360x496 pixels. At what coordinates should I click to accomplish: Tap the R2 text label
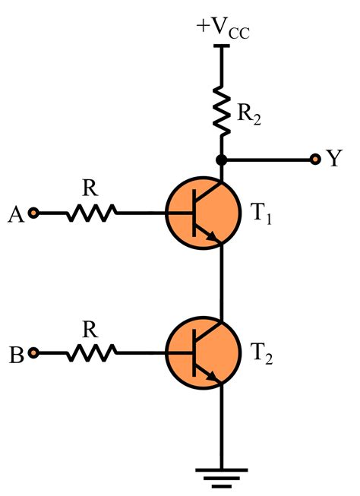pos(250,116)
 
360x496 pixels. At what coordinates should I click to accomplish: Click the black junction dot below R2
pos(222,160)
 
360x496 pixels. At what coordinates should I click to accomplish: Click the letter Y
pos(333,159)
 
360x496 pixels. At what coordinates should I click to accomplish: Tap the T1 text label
pos(259,215)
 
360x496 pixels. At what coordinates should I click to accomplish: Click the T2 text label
pos(259,355)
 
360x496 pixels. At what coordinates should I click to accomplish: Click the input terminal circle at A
pos(33,213)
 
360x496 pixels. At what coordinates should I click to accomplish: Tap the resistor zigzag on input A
pos(90,213)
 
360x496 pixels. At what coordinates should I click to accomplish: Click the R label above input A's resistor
pos(90,186)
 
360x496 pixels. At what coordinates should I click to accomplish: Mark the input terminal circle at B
pos(33,353)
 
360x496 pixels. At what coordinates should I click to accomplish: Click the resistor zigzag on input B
pos(90,353)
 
